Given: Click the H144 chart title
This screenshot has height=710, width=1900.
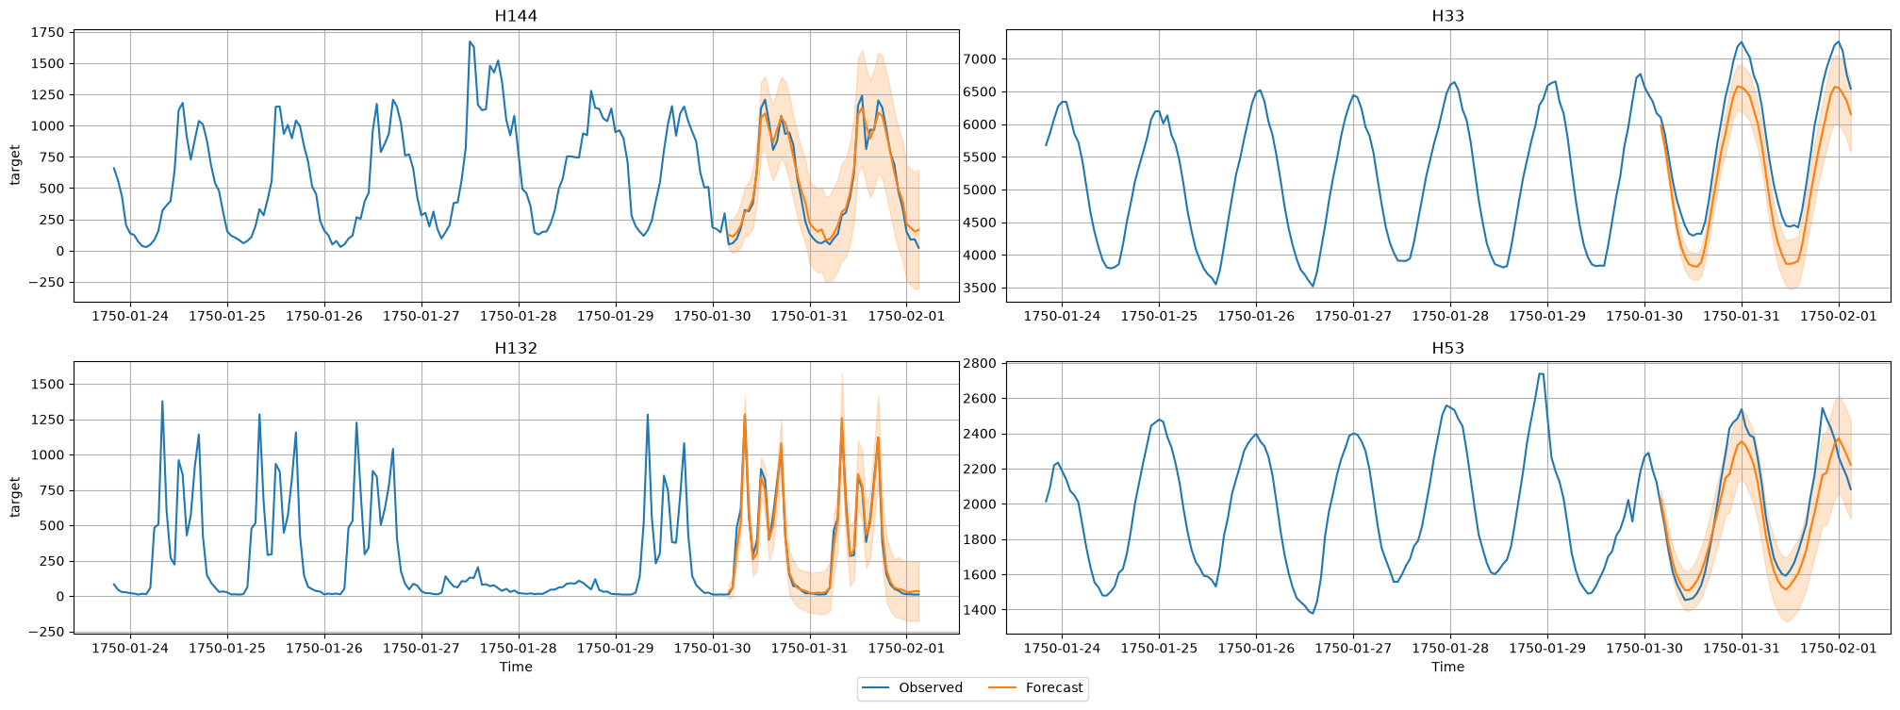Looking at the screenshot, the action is tap(516, 16).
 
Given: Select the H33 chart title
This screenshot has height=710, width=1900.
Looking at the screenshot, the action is tap(1447, 16).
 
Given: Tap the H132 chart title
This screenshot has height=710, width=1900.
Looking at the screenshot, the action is tap(516, 348).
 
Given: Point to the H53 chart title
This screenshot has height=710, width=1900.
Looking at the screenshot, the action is tap(1447, 348).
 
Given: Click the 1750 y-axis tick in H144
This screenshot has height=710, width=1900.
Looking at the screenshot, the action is tap(48, 32).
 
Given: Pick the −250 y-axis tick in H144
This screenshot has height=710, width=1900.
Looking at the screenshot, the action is tap(44, 282).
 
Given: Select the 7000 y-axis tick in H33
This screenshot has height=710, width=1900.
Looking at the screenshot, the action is tap(981, 59).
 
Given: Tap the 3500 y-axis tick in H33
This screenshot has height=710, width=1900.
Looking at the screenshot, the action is tap(981, 289).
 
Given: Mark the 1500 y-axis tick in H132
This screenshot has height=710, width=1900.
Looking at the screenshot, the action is tap(48, 384).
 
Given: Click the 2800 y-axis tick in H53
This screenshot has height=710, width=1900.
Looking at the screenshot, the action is tap(981, 363).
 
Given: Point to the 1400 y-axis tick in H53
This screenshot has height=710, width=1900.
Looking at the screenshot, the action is tap(981, 610).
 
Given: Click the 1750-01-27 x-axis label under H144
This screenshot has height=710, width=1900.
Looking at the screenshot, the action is tap(421, 315).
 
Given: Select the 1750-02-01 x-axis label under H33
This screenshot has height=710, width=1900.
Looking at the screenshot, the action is tap(1839, 315).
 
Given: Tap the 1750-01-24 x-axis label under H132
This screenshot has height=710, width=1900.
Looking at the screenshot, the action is tap(130, 647).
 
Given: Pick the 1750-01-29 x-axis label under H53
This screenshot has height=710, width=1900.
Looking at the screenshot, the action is tap(1547, 647).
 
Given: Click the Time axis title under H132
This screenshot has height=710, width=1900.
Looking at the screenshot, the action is tap(516, 667).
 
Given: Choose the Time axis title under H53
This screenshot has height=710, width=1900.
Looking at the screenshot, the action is tap(1447, 667).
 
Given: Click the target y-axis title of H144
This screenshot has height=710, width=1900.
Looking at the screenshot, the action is tap(14, 165).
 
